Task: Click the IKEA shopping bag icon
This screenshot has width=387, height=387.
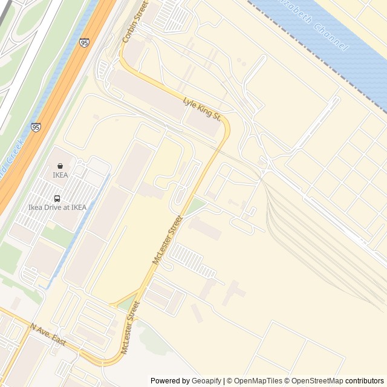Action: click(60, 166)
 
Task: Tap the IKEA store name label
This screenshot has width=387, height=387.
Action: click(60, 175)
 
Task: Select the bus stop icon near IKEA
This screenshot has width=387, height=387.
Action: click(57, 198)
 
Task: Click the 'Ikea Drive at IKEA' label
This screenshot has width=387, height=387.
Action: click(57, 207)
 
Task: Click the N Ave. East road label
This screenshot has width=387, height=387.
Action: click(48, 334)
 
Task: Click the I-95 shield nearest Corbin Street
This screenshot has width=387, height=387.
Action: click(84, 42)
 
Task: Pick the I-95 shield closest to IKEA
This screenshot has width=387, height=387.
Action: click(36, 128)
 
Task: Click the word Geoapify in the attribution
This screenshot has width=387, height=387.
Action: click(206, 381)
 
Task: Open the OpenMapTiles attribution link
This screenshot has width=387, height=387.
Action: click(258, 381)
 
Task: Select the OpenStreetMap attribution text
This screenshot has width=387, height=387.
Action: click(317, 381)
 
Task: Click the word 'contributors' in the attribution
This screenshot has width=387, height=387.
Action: click(365, 381)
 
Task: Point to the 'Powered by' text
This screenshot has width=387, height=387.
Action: click(170, 381)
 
